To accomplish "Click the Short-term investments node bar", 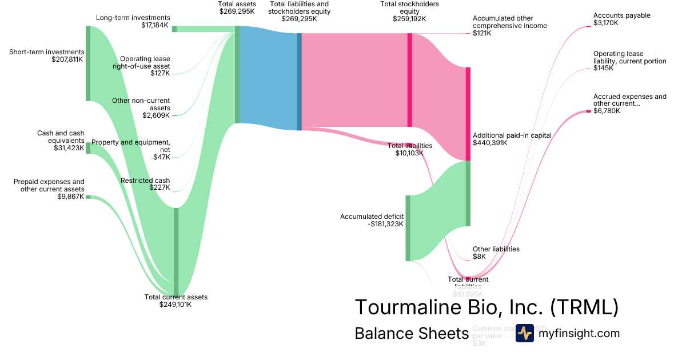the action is pos(88,63).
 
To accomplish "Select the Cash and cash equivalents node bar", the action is pos(88,148).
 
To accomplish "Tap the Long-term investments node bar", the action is pos(174,29).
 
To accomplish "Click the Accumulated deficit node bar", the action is pos(408,228).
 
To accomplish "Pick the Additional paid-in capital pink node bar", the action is pos(468,114).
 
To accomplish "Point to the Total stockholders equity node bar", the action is pos(409,80).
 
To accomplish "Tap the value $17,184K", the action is pos(155,25).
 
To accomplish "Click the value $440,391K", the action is pos(490,143).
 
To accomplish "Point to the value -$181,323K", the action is pos(386,224).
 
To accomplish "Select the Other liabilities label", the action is pos(496,249).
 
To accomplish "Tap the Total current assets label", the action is pos(176,297).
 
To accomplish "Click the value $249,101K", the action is pos(176,305).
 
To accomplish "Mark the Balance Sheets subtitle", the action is pos(412,333).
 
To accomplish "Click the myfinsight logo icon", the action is pos(524,333).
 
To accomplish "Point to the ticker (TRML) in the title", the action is pos(584,307).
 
